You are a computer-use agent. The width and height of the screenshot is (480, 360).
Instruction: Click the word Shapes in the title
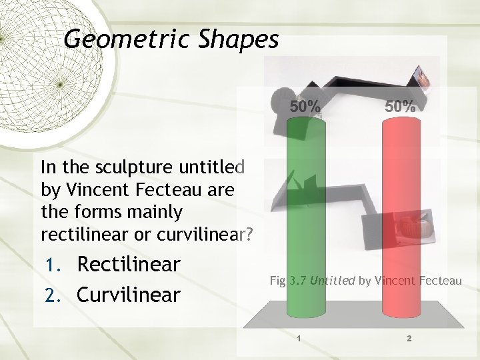(238, 40)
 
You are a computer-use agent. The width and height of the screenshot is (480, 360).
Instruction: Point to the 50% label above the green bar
(305, 107)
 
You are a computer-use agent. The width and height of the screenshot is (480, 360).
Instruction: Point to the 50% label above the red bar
(400, 107)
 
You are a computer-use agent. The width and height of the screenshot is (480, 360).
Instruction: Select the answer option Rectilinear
(129, 265)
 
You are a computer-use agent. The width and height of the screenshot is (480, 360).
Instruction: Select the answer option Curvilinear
(129, 294)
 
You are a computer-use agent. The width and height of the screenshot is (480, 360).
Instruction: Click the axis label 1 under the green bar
(299, 339)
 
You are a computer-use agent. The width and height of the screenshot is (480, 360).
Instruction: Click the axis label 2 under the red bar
(409, 339)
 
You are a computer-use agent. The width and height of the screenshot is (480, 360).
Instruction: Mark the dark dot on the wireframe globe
(59, 84)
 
